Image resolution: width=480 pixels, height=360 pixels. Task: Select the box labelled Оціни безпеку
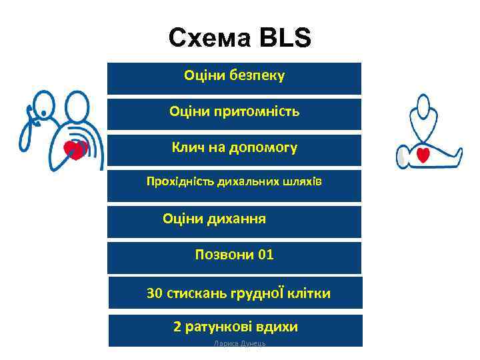tap(234, 78)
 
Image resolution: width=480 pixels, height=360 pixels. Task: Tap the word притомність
tap(258, 111)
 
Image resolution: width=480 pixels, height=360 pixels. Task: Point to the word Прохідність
tap(176, 181)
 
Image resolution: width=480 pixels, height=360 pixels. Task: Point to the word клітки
tap(308, 293)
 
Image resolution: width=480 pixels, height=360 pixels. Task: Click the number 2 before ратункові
tap(177, 327)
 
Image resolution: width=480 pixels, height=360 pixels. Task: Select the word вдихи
tap(279, 327)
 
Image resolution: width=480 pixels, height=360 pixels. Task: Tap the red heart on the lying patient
tap(423, 155)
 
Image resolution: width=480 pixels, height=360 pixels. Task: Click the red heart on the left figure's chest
tap(75, 149)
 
